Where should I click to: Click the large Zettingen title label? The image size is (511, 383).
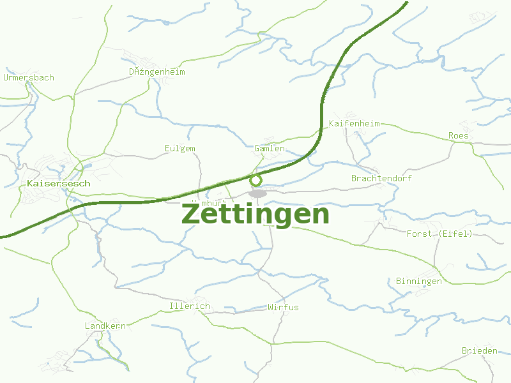click(256, 214)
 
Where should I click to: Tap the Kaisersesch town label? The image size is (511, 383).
click(59, 183)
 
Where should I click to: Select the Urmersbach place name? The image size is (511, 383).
click(29, 78)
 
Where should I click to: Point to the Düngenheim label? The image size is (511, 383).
click(157, 72)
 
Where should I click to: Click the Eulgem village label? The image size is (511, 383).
click(180, 148)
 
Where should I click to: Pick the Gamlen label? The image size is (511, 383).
click(270, 148)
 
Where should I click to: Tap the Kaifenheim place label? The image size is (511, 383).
click(354, 123)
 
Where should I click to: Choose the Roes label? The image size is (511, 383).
click(458, 136)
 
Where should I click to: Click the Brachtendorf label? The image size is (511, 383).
click(381, 178)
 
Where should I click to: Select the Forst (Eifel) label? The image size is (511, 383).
click(439, 234)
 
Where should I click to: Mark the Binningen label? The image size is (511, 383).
click(418, 282)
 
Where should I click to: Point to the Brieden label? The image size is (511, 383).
click(479, 351)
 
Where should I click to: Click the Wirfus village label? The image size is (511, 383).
click(283, 307)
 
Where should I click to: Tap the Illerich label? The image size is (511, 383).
click(190, 306)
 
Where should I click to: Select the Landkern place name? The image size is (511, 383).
click(105, 326)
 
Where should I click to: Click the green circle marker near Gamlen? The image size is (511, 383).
click(256, 180)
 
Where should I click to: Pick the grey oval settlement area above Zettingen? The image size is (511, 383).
click(257, 193)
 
